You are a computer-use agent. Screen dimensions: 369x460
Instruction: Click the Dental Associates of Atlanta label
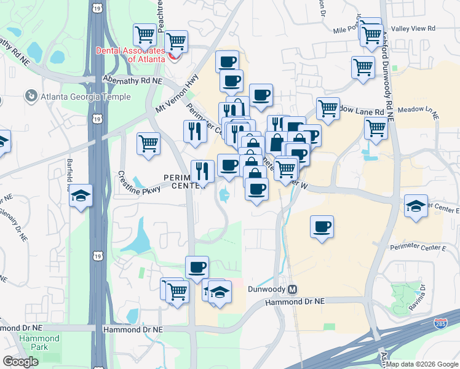tap(129, 55)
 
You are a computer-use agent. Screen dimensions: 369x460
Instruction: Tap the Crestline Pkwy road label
tap(140, 183)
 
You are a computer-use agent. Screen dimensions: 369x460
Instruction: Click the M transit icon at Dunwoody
tap(293, 289)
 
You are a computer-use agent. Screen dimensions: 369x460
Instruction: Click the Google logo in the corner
tap(20, 361)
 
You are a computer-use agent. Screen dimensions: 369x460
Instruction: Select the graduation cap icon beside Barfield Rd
tap(81, 196)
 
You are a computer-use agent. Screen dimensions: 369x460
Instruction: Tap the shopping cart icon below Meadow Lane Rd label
tap(376, 128)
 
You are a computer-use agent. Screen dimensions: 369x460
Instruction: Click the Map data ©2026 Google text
tap(422, 364)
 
